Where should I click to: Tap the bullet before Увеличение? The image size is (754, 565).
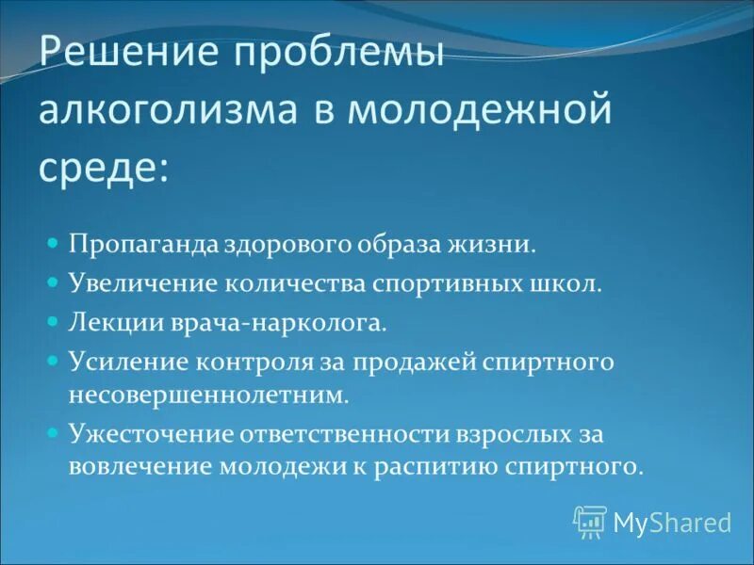[x=54, y=282]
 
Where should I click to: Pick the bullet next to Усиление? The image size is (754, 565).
[x=54, y=361]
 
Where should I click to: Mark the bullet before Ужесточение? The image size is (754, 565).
[x=54, y=432]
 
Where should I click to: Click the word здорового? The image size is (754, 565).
[x=287, y=244]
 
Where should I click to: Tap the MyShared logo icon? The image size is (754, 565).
[x=590, y=521]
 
